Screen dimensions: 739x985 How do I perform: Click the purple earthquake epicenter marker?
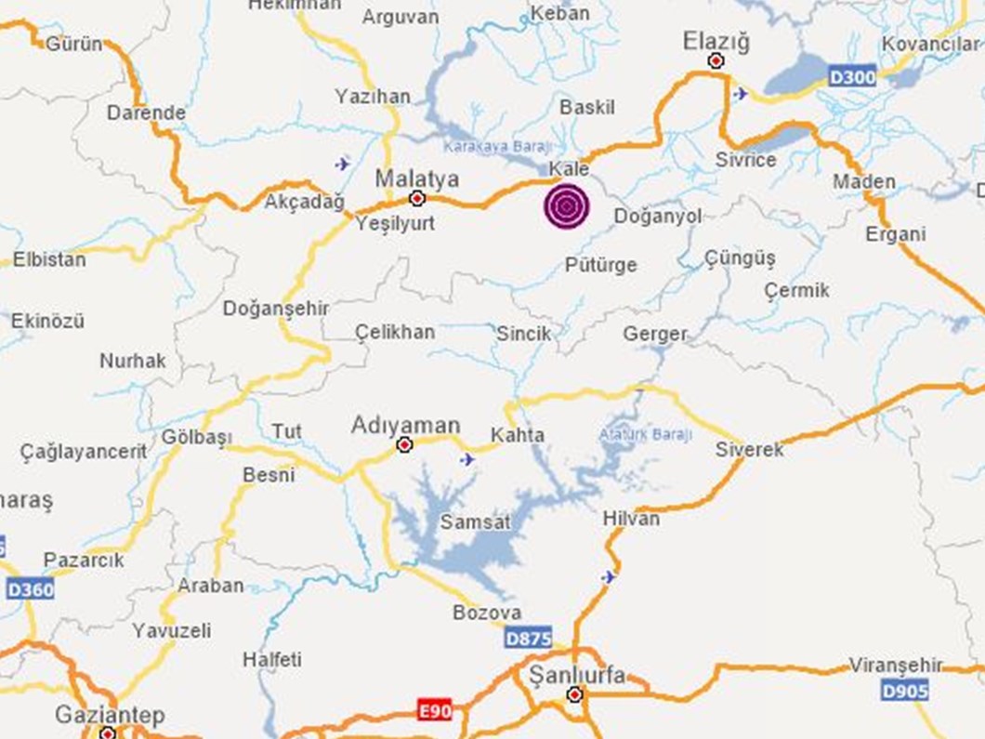click(566, 206)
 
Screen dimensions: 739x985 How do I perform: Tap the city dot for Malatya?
click(417, 198)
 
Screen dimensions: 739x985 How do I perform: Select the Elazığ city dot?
click(716, 61)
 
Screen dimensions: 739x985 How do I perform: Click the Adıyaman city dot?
click(404, 445)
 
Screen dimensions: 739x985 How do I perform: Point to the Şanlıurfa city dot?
click(575, 694)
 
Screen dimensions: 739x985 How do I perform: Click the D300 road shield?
click(852, 76)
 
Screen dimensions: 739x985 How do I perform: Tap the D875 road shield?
click(529, 639)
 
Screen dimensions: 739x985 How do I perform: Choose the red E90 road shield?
click(435, 711)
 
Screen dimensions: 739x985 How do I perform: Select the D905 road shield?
click(904, 690)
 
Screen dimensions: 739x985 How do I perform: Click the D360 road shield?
click(30, 589)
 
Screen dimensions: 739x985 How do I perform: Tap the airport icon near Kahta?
click(467, 459)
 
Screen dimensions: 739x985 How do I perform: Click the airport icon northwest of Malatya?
click(343, 164)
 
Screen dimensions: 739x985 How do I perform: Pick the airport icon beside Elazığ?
click(741, 93)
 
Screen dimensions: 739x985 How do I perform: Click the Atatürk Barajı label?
click(646, 434)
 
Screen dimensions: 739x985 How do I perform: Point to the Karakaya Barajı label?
click(498, 146)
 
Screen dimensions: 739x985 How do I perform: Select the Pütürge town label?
click(601, 266)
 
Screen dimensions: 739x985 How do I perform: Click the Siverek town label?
click(749, 450)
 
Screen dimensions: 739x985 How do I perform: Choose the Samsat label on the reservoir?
click(475, 522)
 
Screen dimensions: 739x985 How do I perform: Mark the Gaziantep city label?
click(110, 715)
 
